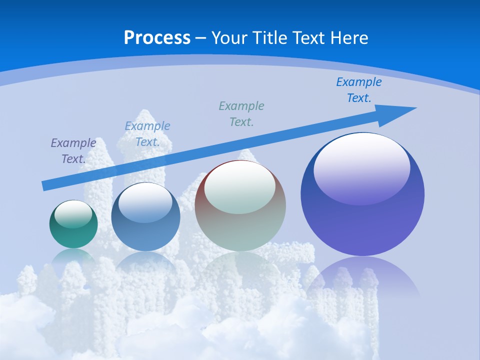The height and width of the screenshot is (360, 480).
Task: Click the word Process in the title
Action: point(157,37)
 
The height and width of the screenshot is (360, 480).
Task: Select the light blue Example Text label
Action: point(147,134)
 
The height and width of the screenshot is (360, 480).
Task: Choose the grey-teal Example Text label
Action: point(241,114)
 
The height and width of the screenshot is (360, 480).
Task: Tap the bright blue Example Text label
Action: point(359,90)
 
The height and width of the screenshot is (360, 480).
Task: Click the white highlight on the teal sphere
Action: point(73,214)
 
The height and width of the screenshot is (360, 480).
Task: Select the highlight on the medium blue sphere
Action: point(145,202)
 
